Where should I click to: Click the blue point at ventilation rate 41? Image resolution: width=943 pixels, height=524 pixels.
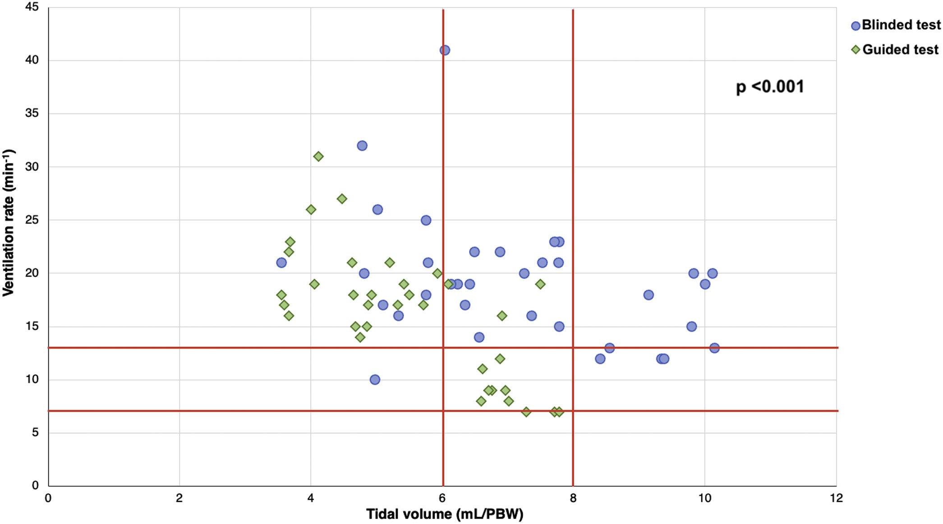445,50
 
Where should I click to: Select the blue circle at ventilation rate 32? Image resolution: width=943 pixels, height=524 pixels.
362,146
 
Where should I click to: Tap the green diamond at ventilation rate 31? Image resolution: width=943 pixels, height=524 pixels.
318,156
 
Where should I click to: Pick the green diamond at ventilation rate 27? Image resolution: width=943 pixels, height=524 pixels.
342,199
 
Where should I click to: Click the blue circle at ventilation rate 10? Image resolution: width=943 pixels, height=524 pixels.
375,380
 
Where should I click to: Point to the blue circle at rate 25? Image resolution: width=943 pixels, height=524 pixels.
426,220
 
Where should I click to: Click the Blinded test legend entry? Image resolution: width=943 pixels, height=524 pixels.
895,25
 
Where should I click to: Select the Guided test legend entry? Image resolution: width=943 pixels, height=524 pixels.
895,50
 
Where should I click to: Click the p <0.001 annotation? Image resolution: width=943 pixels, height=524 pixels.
770,87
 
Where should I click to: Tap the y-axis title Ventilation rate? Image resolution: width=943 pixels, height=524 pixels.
9,223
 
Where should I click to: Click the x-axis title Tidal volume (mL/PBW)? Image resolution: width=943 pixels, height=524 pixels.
444,514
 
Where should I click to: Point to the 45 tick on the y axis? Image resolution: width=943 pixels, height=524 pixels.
32,7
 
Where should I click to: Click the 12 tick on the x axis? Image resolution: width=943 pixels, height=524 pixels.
836,498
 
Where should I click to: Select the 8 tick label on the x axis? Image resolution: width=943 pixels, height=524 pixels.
573,498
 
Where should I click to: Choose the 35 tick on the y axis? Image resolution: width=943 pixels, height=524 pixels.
32,114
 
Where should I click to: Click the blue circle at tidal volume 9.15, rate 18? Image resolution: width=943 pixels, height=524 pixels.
649,295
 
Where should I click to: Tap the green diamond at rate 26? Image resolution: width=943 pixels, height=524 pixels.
311,210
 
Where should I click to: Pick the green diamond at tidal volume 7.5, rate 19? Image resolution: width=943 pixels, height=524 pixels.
540,284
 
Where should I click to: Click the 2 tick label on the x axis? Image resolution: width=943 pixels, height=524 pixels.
179,498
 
